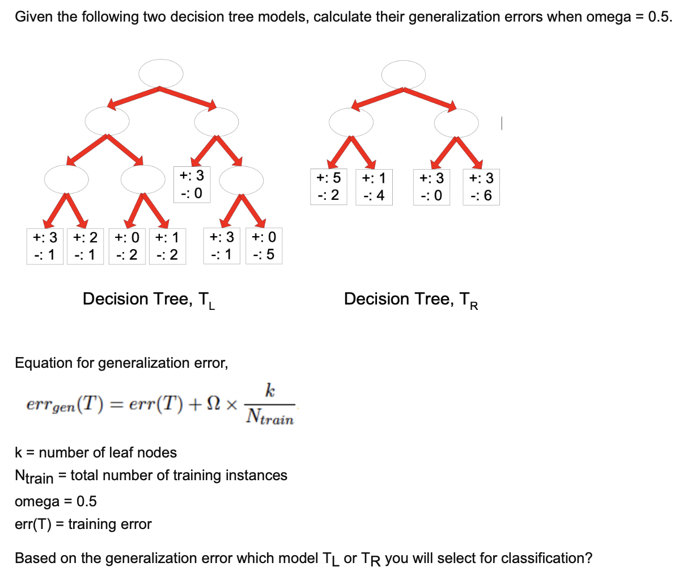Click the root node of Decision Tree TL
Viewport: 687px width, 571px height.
[x=161, y=74]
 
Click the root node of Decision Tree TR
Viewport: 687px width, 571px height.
[x=403, y=75]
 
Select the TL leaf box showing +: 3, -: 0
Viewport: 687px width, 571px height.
[x=192, y=184]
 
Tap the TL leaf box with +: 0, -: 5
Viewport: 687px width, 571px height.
[x=264, y=246]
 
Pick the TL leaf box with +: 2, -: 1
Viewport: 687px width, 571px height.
[x=86, y=246]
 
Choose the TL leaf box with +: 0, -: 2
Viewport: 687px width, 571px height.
[x=126, y=246]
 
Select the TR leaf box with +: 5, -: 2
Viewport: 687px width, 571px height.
[x=328, y=187]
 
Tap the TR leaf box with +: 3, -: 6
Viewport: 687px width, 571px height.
[x=481, y=187]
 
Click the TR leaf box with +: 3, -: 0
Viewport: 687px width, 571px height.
[x=431, y=187]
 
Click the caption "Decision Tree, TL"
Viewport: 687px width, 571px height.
[x=149, y=299]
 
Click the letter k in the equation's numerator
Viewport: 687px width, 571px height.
[x=270, y=391]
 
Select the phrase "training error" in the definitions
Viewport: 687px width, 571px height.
[x=110, y=524]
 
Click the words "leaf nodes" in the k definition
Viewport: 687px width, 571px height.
[x=149, y=452]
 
